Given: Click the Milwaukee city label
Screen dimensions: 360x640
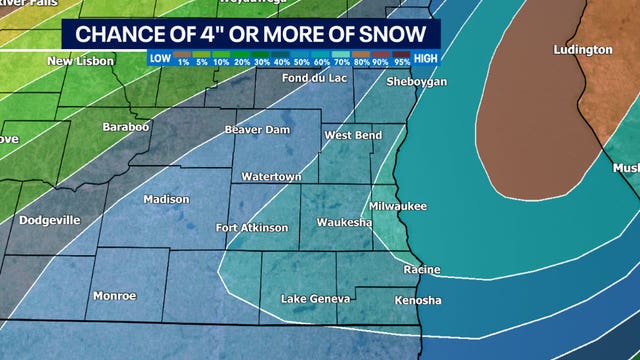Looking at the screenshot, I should (x=398, y=206).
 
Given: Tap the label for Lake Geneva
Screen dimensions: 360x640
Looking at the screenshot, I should (x=315, y=299).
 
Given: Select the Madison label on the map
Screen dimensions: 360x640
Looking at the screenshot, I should (x=166, y=199).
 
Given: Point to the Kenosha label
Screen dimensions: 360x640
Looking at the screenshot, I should (x=417, y=300).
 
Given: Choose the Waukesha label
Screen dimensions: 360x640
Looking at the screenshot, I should (x=344, y=222).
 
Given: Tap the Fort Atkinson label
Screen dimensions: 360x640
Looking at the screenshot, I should (x=252, y=228).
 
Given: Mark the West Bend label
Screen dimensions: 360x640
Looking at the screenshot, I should (x=350, y=135).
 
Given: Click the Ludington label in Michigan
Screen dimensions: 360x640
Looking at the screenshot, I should (x=583, y=49).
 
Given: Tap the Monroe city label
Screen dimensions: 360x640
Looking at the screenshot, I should (x=114, y=296).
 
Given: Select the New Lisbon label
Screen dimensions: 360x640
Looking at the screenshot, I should (x=81, y=61).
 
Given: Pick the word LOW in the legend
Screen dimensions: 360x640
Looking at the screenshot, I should (x=160, y=58).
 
